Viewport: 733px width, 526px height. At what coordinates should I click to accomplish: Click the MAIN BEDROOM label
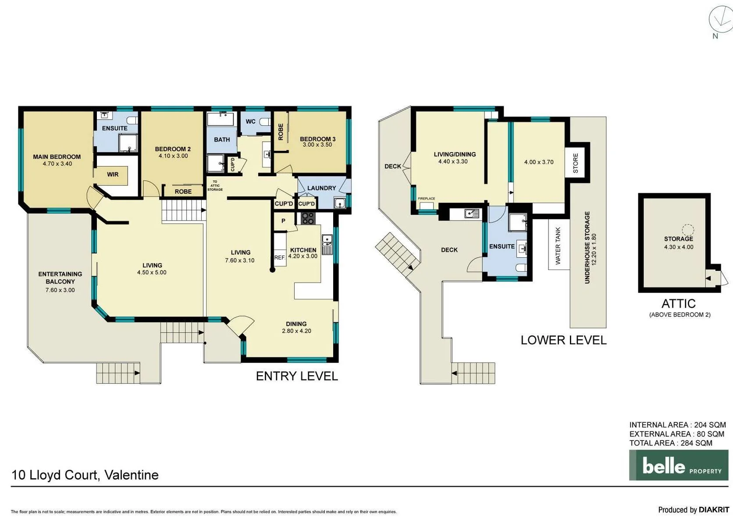(x=57, y=156)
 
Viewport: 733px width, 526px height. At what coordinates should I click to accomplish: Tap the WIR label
(x=113, y=174)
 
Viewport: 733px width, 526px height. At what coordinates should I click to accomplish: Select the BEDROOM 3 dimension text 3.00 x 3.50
(x=317, y=145)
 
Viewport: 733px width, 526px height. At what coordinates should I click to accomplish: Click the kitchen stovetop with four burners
(x=308, y=218)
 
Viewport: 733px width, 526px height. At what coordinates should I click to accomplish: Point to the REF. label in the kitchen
(x=280, y=257)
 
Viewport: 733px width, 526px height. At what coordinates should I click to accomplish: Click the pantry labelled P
(x=283, y=221)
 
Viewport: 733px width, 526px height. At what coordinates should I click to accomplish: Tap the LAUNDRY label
(x=322, y=188)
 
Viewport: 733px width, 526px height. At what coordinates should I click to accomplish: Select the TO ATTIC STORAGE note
(x=215, y=185)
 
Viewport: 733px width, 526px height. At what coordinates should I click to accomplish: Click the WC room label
(x=251, y=121)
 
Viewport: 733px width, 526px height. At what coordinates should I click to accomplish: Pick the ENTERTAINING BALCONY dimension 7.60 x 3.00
(x=60, y=290)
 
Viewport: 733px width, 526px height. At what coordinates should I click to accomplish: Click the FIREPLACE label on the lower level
(x=427, y=199)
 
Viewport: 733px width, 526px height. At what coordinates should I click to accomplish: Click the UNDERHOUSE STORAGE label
(x=587, y=247)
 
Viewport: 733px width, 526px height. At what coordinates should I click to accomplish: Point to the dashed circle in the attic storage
(x=687, y=230)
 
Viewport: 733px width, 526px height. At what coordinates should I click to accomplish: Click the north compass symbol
(x=720, y=20)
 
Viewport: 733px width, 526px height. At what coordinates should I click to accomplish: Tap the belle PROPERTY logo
(x=679, y=465)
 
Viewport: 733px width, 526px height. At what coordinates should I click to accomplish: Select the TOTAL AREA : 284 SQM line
(x=671, y=443)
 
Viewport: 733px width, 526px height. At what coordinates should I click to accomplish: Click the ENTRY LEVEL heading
(x=297, y=376)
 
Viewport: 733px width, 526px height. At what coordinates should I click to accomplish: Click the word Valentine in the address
(x=132, y=475)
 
